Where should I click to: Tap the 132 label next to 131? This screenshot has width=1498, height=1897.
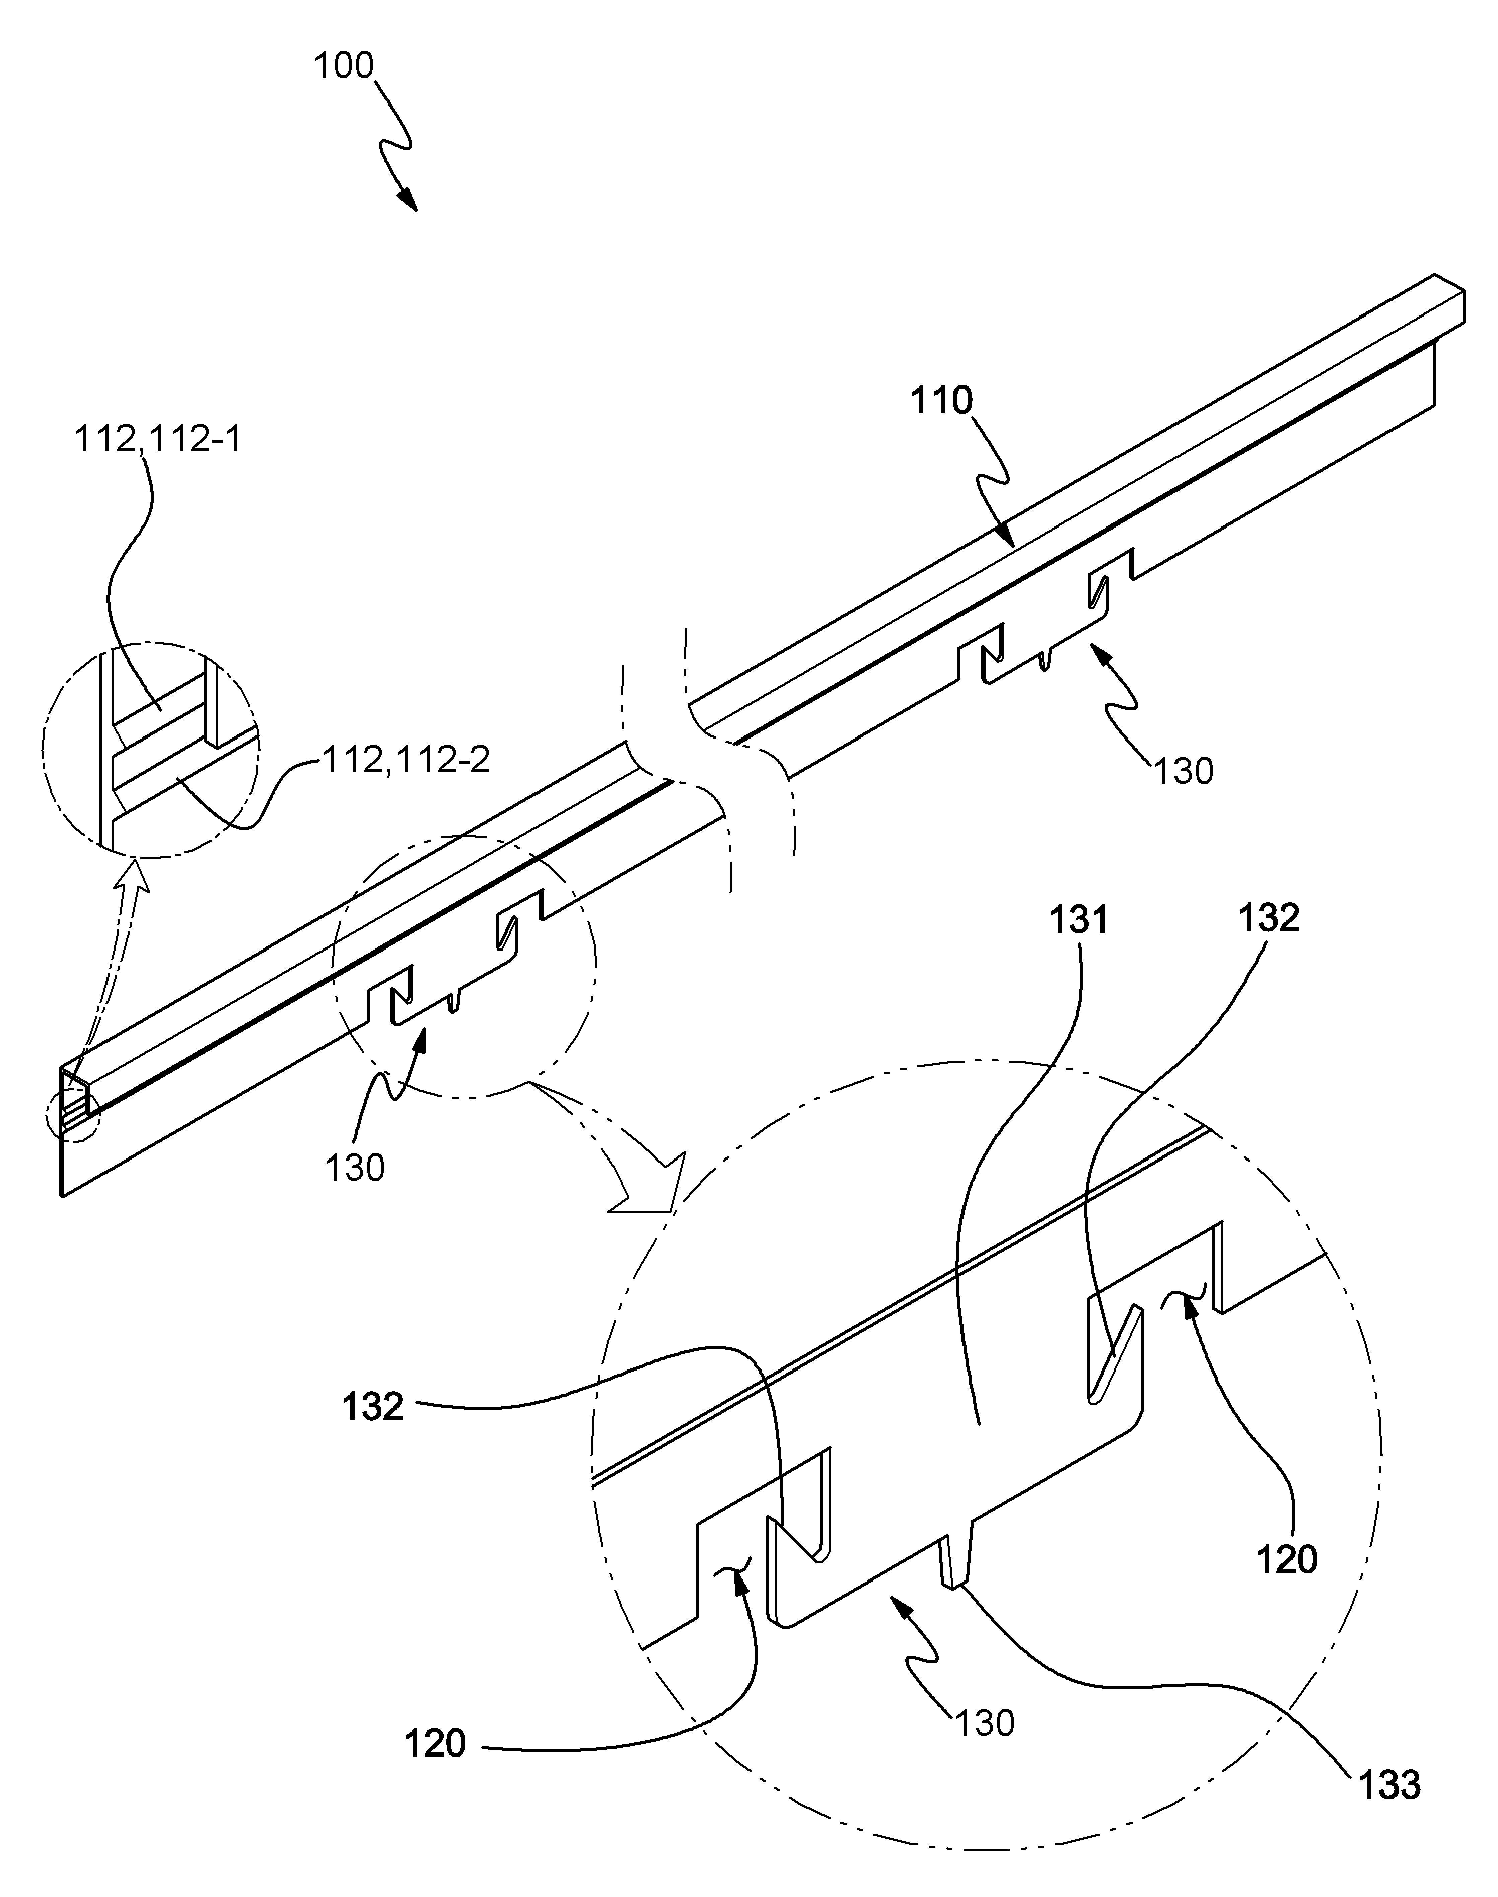pyautogui.click(x=1268, y=918)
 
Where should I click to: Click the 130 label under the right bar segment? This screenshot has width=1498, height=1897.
pyautogui.click(x=1183, y=771)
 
